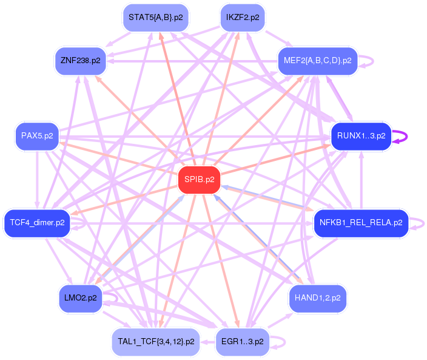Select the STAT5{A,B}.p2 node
coord(155,18)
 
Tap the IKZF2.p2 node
coord(242,18)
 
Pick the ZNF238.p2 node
coord(80,60)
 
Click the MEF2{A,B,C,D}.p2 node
coord(318,60)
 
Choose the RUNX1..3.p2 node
coord(361,136)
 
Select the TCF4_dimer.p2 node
coord(38,223)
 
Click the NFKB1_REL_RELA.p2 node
coord(361,223)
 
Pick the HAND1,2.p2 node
coord(317,299)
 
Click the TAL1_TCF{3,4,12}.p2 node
coord(156,342)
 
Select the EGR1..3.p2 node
coord(242,342)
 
